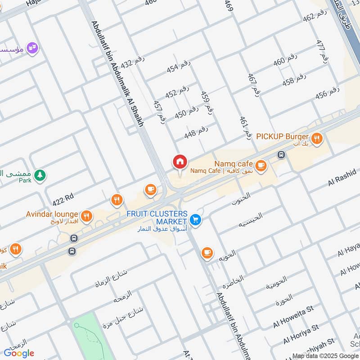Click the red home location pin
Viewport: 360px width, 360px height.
(180, 162)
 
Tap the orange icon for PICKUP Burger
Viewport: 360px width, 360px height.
(317, 139)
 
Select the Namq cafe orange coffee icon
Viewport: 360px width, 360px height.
(261, 166)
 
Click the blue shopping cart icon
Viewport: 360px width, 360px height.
(195, 220)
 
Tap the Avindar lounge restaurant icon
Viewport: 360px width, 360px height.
(87, 216)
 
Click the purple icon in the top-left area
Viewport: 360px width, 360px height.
(32, 48)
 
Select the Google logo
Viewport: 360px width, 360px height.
(19, 353)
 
